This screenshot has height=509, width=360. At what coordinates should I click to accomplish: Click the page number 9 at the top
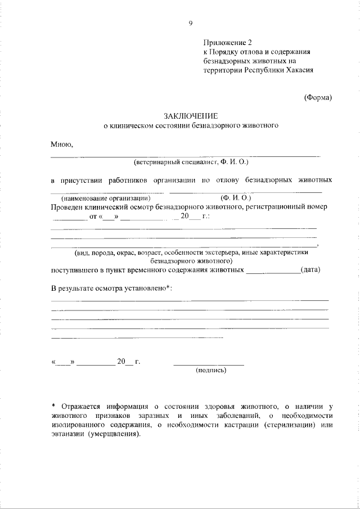191,23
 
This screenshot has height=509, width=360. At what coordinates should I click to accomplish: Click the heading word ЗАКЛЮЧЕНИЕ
191,115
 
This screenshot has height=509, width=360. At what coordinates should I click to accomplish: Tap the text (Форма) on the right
318,97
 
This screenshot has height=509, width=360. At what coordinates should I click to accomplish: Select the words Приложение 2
225,42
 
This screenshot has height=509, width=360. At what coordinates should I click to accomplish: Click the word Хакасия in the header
294,71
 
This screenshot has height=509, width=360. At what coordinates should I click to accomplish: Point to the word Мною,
62,144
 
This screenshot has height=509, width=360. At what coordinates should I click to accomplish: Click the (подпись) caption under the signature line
210,371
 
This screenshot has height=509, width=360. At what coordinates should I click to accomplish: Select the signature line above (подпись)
209,364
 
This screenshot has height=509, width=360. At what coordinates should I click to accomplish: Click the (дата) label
310,269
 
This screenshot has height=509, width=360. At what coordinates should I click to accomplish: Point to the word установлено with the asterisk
142,288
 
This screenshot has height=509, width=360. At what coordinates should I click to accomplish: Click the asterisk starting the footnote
53,406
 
